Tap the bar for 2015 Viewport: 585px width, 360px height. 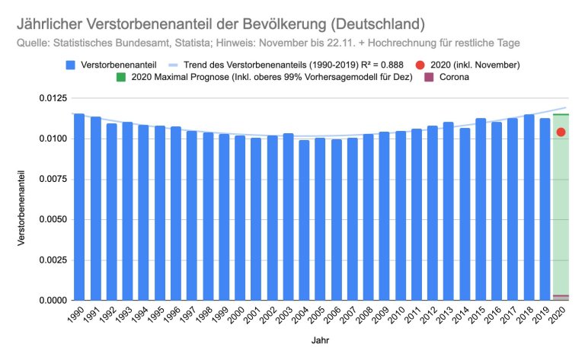481,209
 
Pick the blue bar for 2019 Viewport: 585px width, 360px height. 545,209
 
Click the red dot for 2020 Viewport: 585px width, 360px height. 561,132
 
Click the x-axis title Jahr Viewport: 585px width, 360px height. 320,342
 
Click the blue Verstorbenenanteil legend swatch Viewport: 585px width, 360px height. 70,65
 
